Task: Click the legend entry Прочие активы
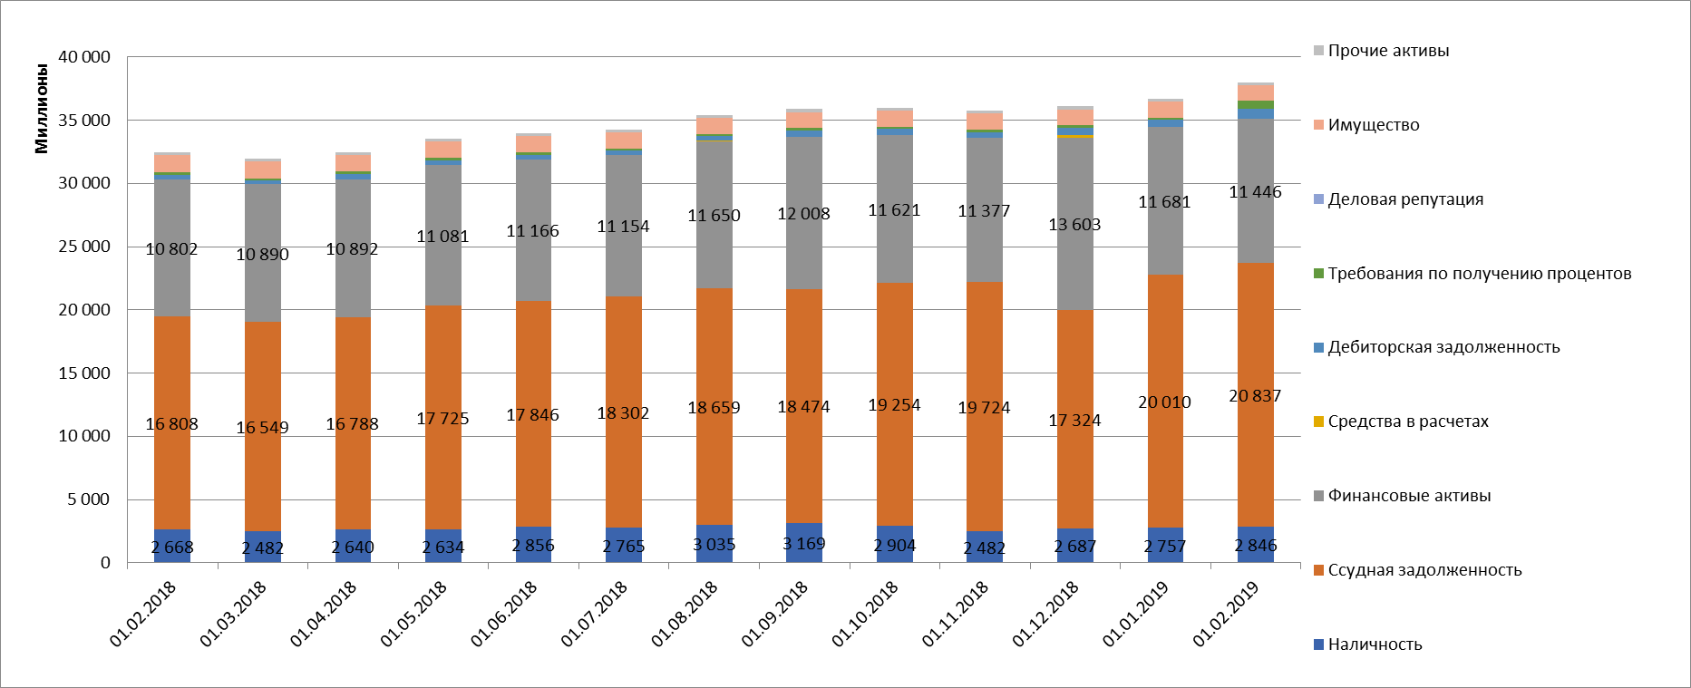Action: pyautogui.click(x=1388, y=51)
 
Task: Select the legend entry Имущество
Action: pyautogui.click(x=1373, y=125)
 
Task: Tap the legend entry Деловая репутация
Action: pyautogui.click(x=1404, y=199)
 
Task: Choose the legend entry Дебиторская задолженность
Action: pyautogui.click(x=1443, y=347)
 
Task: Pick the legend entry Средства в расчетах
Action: pyautogui.click(x=1407, y=422)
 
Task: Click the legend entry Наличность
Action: pyautogui.click(x=1375, y=644)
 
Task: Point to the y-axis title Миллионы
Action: pyautogui.click(x=42, y=109)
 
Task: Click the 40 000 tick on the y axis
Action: pyautogui.click(x=84, y=57)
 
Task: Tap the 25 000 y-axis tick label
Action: pyautogui.click(x=84, y=247)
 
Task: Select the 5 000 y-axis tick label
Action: pyautogui.click(x=89, y=499)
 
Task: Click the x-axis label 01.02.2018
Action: pyautogui.click(x=143, y=614)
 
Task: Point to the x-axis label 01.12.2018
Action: pyautogui.click(x=1045, y=614)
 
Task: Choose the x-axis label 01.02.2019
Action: pyautogui.click(x=1226, y=614)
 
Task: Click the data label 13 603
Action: pyautogui.click(x=1074, y=225)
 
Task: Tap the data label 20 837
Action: pyautogui.click(x=1255, y=396)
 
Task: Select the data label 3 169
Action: pyautogui.click(x=804, y=544)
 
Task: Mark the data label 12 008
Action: pyautogui.click(x=804, y=214)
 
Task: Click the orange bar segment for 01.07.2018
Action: pyautogui.click(x=624, y=453)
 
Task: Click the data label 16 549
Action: pyautogui.click(x=262, y=428)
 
